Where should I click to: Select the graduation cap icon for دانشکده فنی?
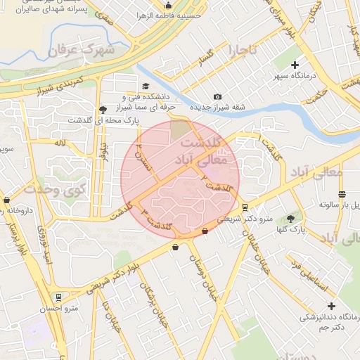point(146,86)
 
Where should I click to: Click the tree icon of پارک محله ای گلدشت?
point(103,109)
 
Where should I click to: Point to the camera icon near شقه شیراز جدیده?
point(217,96)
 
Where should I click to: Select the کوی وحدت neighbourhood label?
point(55,189)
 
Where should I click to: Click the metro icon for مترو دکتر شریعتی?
point(245,207)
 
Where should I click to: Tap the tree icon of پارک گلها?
point(290,219)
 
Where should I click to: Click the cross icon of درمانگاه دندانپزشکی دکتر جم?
point(331,305)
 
